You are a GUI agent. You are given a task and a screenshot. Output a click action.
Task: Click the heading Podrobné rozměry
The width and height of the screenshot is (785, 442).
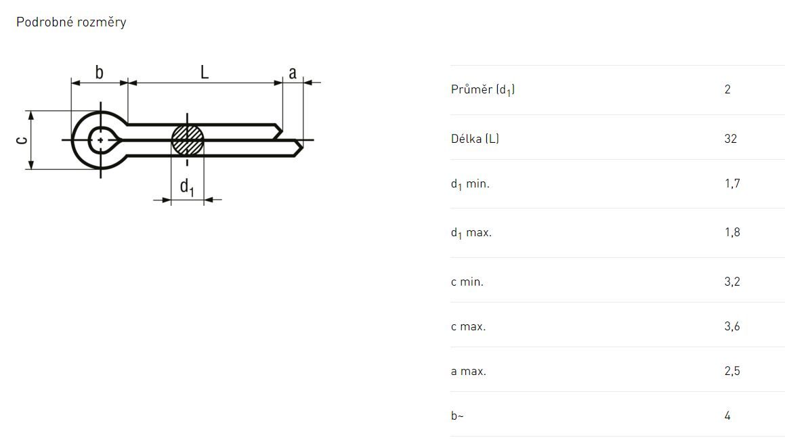coord(71,22)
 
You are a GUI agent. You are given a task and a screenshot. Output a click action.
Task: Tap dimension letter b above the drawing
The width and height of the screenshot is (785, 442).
coord(99,72)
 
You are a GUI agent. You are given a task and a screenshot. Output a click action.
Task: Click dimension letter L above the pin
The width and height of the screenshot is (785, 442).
coord(205,72)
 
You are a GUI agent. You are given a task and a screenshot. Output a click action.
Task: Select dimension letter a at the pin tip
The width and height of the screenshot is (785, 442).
coord(293,73)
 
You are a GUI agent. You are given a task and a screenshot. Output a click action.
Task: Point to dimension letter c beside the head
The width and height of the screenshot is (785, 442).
coord(22,140)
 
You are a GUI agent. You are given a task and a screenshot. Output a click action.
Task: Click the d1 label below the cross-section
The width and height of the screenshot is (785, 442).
coord(187,187)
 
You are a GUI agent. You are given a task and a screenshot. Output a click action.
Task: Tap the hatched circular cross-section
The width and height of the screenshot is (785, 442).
coord(188,140)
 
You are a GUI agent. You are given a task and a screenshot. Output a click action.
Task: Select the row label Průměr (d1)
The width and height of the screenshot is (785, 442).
coord(483,89)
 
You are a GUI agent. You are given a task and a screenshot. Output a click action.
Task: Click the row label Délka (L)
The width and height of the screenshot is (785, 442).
coord(475,139)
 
